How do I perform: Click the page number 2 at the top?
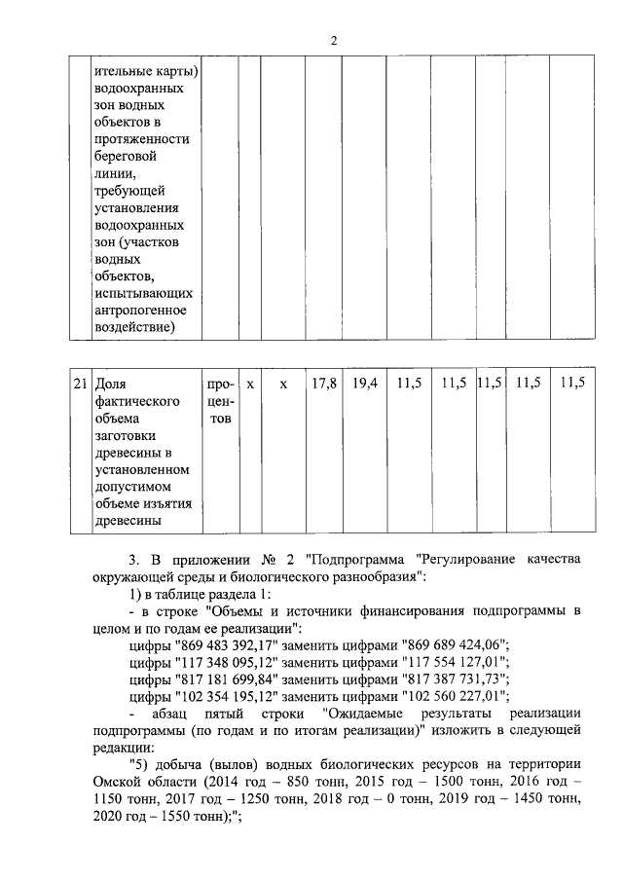(333, 40)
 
